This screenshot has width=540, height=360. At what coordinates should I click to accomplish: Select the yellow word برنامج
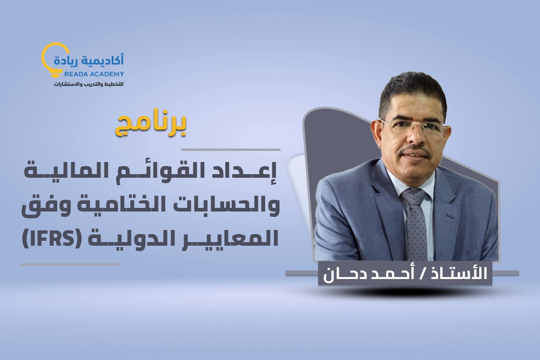(x=151, y=126)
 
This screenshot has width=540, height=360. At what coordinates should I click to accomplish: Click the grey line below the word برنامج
(x=230, y=149)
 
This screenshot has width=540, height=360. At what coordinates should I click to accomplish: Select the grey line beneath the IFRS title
(x=69, y=265)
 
